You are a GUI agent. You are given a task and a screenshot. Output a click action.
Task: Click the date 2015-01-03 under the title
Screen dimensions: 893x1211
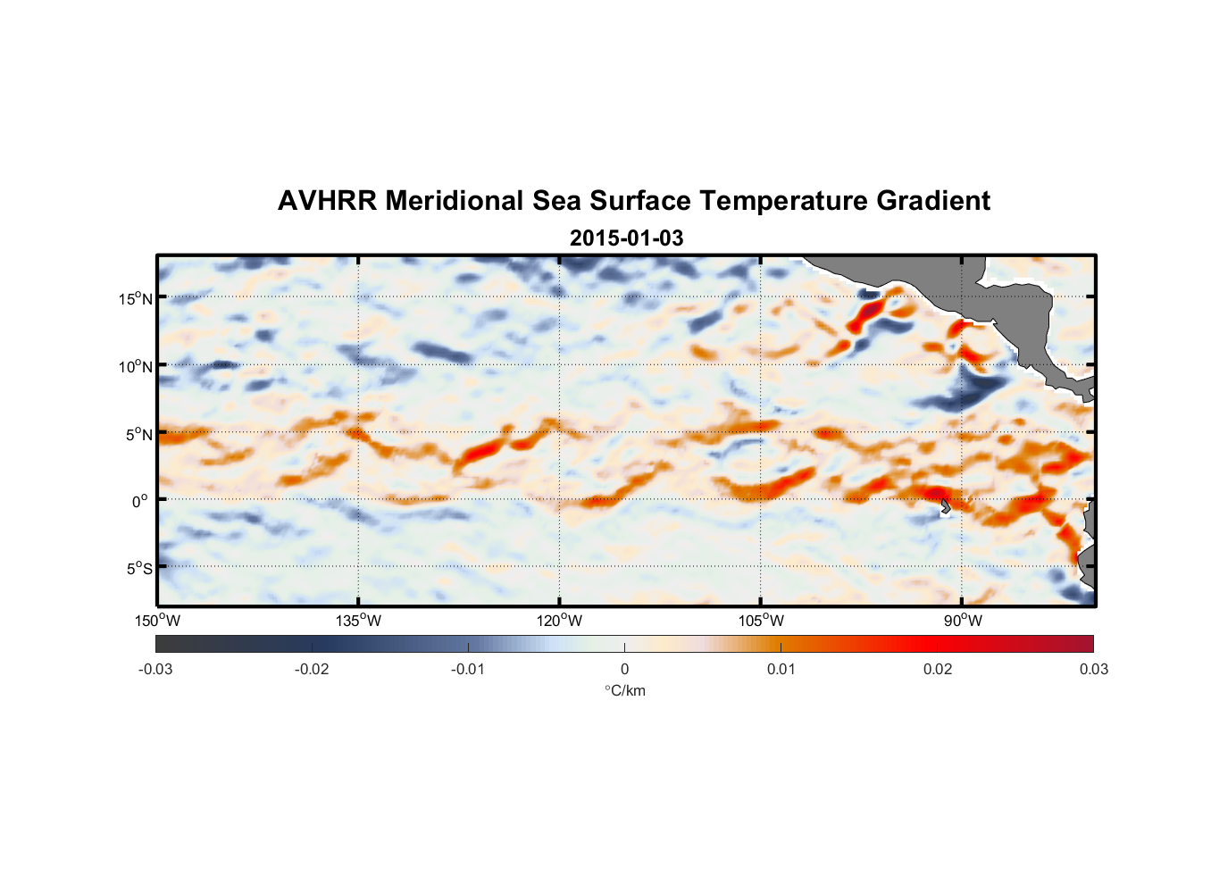click(x=626, y=238)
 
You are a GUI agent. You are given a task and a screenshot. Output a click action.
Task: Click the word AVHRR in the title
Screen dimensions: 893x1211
click(x=327, y=201)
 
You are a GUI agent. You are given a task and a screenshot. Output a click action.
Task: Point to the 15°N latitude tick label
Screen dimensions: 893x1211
click(x=136, y=298)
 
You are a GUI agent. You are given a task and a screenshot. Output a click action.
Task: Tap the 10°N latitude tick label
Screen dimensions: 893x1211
click(x=136, y=366)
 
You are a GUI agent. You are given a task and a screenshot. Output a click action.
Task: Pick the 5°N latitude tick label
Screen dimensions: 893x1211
click(x=138, y=434)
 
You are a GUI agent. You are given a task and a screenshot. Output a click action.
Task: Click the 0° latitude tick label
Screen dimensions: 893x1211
click(x=139, y=501)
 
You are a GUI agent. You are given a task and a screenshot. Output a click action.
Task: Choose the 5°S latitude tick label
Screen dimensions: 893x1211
click(x=138, y=569)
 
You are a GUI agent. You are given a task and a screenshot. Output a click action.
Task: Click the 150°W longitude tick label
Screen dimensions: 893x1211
click(x=157, y=621)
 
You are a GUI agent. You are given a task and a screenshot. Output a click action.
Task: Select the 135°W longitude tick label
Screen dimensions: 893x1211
click(x=358, y=621)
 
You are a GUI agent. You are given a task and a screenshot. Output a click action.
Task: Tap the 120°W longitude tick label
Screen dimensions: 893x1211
click(x=559, y=621)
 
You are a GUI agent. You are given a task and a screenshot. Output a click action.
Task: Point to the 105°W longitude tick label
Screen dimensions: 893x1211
click(x=761, y=621)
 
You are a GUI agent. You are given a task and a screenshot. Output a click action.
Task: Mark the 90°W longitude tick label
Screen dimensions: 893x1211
click(x=963, y=621)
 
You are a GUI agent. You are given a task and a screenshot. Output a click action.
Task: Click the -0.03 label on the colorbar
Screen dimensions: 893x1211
click(x=155, y=669)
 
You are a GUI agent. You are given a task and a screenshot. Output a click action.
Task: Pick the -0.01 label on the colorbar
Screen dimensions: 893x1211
click(x=468, y=669)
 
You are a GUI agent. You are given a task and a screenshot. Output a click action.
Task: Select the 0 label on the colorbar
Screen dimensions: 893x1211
click(x=624, y=669)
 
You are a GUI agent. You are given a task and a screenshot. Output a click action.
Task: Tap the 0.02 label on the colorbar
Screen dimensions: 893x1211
click(x=938, y=669)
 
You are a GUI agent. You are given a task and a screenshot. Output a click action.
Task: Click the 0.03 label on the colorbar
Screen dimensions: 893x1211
click(x=1093, y=669)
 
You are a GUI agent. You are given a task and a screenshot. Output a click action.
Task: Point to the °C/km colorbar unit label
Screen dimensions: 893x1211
click(x=624, y=690)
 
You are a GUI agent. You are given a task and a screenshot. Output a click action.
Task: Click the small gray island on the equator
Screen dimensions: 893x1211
click(x=945, y=506)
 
